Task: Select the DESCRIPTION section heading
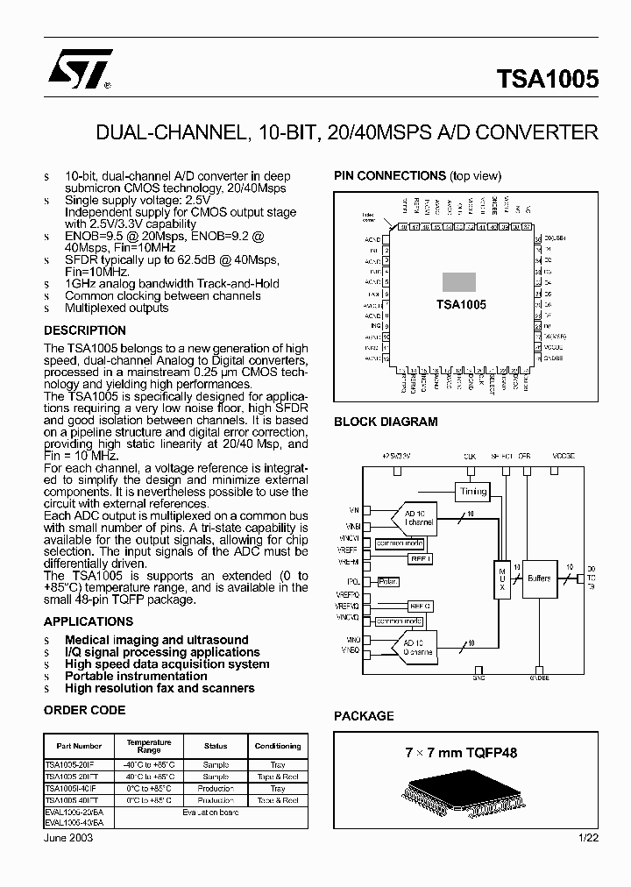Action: tap(85, 330)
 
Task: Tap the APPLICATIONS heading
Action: tap(89, 621)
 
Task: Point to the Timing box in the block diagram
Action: tap(472, 492)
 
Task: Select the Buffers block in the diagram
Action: tap(539, 578)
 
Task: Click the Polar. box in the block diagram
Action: tap(387, 581)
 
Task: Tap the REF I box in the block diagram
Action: tap(421, 557)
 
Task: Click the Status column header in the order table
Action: tap(216, 746)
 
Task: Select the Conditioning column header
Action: tap(277, 746)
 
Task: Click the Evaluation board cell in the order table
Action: tap(210, 812)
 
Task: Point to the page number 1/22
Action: tap(587, 838)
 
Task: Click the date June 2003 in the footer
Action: tap(68, 838)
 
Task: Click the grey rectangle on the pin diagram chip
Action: tap(458, 281)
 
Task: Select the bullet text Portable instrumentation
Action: tap(136, 676)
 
